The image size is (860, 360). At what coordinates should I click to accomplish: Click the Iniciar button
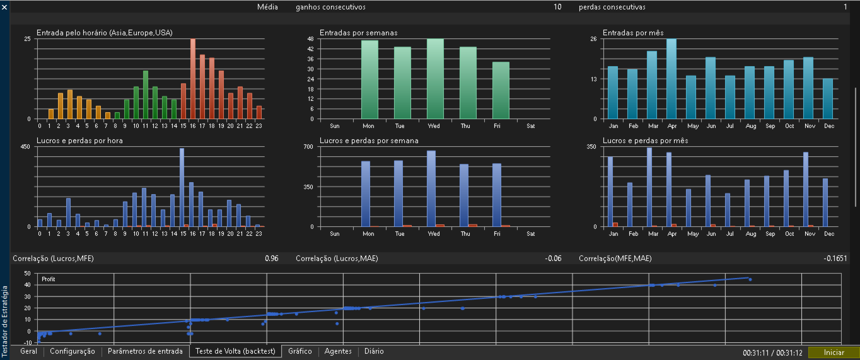tap(834, 352)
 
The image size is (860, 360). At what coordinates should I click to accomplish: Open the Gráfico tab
tap(300, 351)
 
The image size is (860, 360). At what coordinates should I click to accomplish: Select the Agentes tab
tap(338, 351)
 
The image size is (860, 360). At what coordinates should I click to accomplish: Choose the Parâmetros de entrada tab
tap(145, 351)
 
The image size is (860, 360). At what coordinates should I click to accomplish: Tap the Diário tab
tap(374, 351)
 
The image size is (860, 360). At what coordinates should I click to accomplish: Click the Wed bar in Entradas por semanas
tap(435, 79)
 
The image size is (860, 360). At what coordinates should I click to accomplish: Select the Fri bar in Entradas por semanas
tap(501, 91)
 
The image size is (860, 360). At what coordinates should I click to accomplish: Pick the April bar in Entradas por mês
tap(671, 79)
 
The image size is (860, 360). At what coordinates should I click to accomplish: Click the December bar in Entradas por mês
tap(828, 98)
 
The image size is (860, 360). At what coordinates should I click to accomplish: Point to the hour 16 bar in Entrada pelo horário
tap(193, 79)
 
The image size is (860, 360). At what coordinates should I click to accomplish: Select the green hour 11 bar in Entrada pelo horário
tap(146, 95)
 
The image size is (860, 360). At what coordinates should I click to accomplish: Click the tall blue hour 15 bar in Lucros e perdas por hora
tap(182, 187)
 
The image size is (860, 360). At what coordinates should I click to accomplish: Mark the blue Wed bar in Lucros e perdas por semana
tap(431, 189)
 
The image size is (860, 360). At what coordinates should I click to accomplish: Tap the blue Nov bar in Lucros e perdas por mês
tap(806, 190)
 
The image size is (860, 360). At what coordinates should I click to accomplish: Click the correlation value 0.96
tap(272, 258)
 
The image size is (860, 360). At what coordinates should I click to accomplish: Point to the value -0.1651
tap(835, 258)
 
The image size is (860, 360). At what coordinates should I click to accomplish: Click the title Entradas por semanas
tap(358, 33)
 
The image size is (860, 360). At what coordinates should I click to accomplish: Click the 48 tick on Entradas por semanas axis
tap(311, 38)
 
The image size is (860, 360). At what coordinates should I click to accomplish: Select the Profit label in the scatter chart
tap(48, 279)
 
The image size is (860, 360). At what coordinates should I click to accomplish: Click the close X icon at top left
tap(4, 7)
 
